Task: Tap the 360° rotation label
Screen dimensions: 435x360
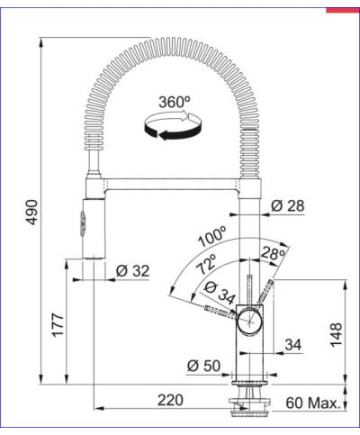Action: pyautogui.click(x=171, y=102)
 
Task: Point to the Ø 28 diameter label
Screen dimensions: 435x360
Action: pyautogui.click(x=287, y=205)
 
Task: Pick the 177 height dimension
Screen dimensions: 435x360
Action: pyautogui.click(x=58, y=325)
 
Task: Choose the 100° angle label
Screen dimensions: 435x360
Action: pyautogui.click(x=211, y=240)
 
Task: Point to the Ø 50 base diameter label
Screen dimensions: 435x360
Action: pyautogui.click(x=203, y=367)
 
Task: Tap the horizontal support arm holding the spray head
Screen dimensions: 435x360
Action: pyautogui.click(x=171, y=186)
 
